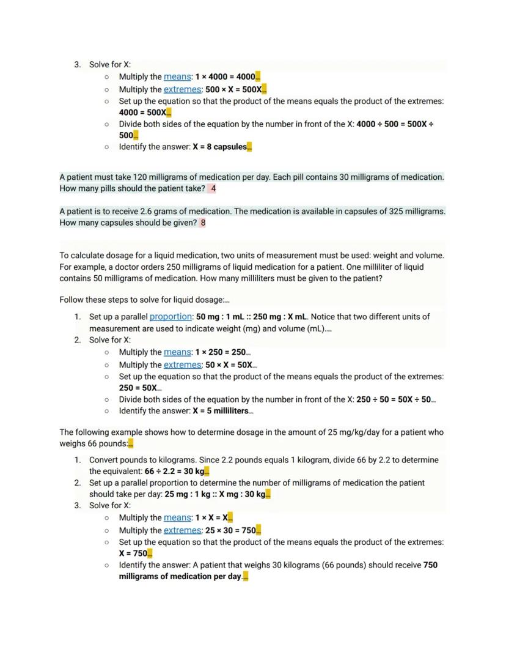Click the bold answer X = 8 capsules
[219, 147]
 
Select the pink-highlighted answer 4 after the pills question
[213, 188]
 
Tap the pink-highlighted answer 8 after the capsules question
[203, 223]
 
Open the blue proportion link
[170, 317]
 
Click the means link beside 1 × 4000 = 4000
[177, 77]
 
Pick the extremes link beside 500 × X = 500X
[182, 89]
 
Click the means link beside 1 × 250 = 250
[177, 352]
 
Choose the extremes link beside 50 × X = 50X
[182, 365]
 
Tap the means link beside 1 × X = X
[177, 517]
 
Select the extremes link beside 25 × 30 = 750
[182, 530]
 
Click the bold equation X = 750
[133, 553]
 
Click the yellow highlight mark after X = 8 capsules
[249, 147]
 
